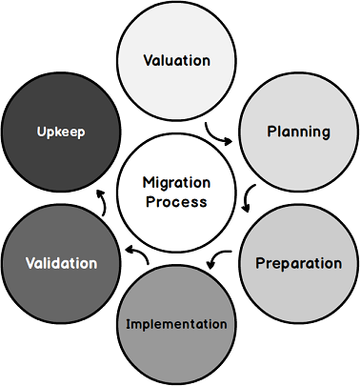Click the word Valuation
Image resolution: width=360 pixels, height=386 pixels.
pyautogui.click(x=176, y=60)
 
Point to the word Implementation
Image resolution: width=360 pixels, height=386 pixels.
pyautogui.click(x=177, y=324)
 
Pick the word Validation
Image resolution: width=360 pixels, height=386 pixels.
pyautogui.click(x=61, y=262)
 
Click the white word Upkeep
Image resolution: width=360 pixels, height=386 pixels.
pyautogui.click(x=61, y=132)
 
